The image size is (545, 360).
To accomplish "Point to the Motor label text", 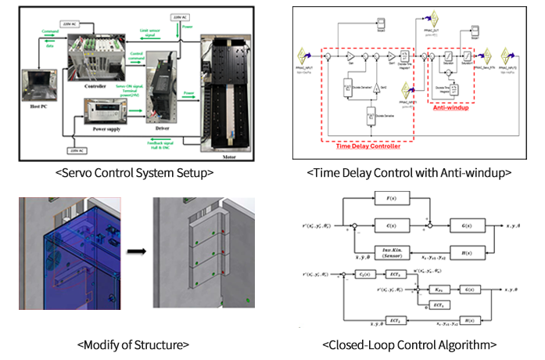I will coord(219,155).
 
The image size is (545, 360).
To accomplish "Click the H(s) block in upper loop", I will coord(469,252).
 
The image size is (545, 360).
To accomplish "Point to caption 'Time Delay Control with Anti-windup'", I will coord(409,172).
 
